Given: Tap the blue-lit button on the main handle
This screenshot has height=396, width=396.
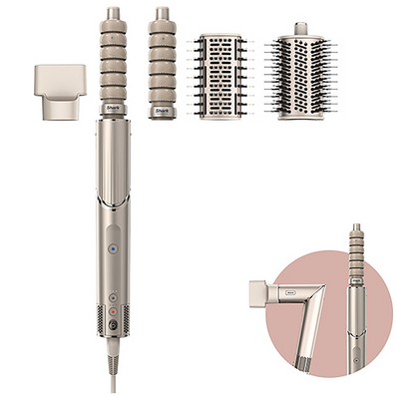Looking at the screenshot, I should point(113,250).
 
